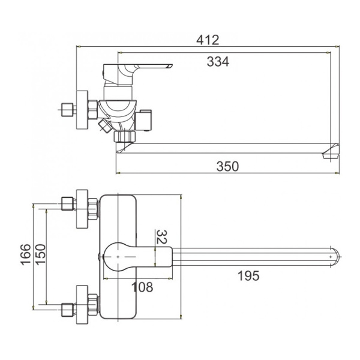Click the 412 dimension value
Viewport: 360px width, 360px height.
(x=208, y=40)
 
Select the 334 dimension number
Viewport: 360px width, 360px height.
(x=218, y=62)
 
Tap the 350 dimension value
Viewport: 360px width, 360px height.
(x=227, y=166)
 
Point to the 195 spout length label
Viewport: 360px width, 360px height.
(x=248, y=276)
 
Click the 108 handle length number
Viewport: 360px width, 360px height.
(x=142, y=287)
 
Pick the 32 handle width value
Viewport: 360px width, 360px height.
(x=161, y=236)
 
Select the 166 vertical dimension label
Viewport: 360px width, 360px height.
(x=26, y=254)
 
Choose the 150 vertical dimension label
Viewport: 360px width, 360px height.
(x=41, y=254)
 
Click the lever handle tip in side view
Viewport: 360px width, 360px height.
(x=172, y=65)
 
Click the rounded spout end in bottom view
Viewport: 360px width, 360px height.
(x=337, y=256)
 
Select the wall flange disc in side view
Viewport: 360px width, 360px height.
(x=82, y=110)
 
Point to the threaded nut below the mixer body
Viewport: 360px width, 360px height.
(x=125, y=136)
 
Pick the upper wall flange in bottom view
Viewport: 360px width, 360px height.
(x=82, y=209)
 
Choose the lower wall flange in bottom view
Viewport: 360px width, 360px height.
(x=82, y=305)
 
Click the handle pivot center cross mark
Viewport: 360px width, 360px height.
(x=118, y=257)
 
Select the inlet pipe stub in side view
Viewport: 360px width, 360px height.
(x=67, y=110)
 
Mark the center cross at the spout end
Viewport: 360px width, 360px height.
(x=331, y=256)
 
